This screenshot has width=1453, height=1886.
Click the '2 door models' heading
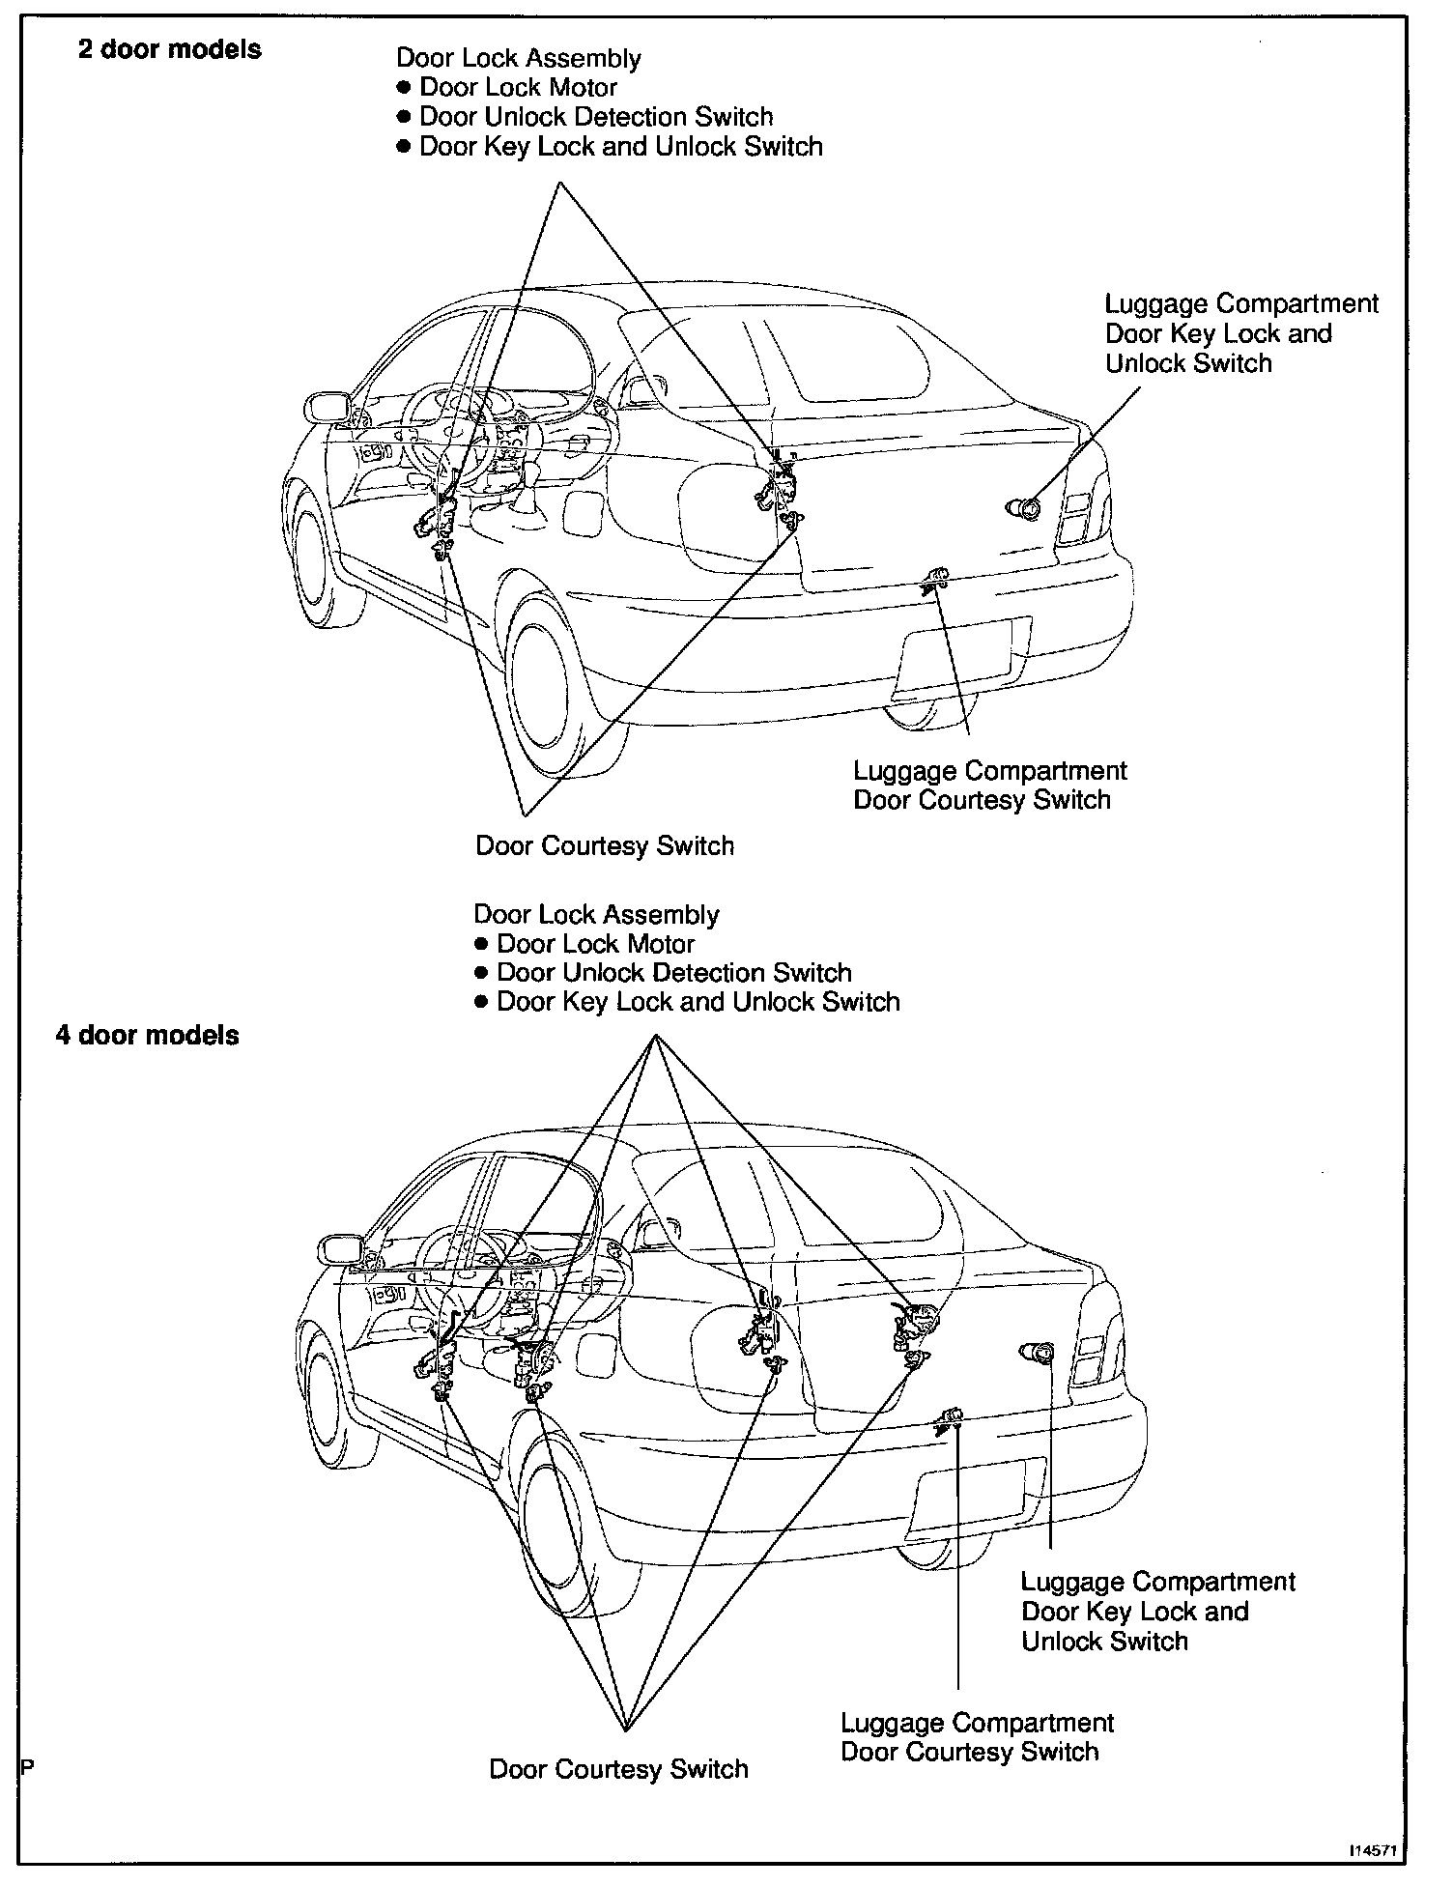[x=169, y=49]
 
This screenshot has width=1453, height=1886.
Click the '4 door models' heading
[x=147, y=1035]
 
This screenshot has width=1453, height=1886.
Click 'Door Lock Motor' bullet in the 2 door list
[x=518, y=88]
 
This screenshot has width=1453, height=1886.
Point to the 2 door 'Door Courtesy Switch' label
[x=605, y=845]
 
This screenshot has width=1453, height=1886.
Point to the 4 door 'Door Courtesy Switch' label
[x=618, y=1769]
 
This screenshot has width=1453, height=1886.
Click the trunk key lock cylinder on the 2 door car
[x=1029, y=507]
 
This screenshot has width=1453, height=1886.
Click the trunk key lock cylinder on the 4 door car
[x=1039, y=1354]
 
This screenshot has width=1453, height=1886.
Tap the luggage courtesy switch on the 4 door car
[x=951, y=1417]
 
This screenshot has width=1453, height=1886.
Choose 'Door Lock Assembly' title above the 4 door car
[x=596, y=914]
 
